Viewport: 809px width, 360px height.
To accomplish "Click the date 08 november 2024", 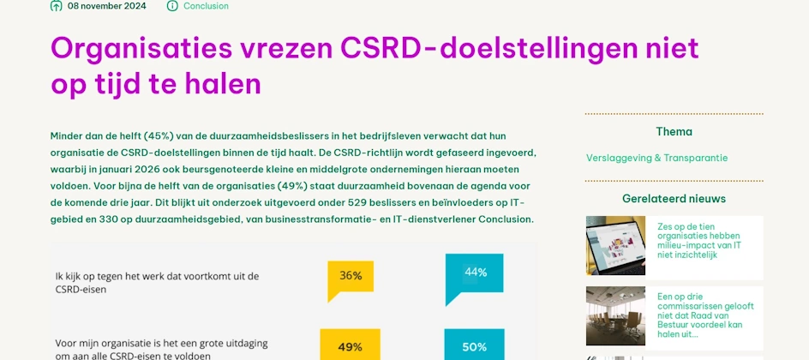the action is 107,6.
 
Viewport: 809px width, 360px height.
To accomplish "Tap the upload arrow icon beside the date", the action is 57,6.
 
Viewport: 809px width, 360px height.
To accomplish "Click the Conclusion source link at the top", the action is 206,6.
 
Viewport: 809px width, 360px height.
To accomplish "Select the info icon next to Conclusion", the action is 172,6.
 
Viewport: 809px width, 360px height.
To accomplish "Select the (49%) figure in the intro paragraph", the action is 292,186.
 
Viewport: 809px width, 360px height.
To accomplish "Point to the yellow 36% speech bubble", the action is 351,280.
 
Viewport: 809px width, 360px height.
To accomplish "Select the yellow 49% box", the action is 351,345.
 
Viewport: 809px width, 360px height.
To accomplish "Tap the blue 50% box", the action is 474,345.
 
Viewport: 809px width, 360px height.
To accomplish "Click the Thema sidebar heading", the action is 674,131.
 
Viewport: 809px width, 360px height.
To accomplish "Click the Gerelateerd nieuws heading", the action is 674,199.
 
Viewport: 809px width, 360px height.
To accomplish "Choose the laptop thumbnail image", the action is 615,245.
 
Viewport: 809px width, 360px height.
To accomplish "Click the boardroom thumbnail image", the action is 615,315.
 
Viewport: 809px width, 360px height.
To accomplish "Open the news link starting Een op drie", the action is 699,315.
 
